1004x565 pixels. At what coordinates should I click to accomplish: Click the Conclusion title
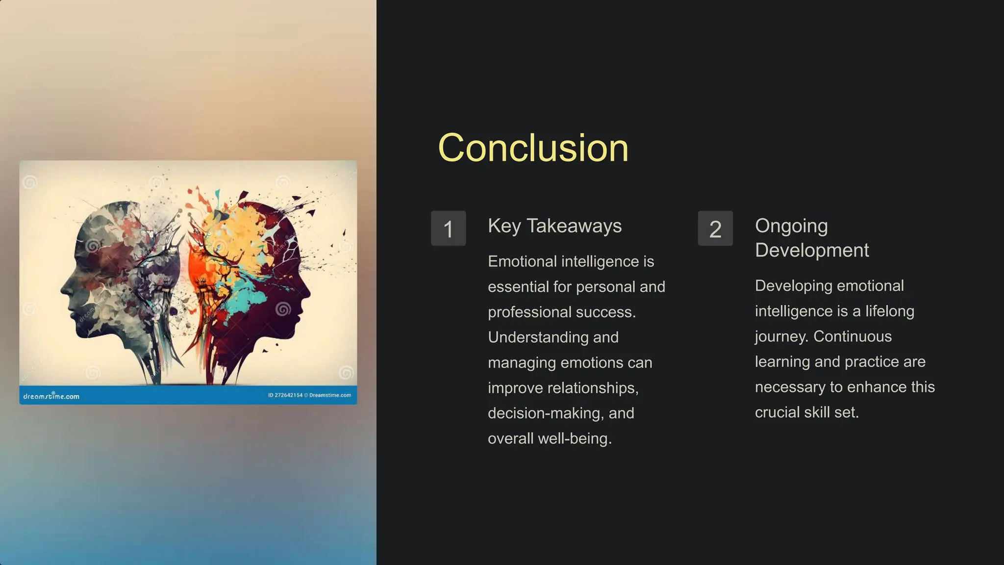tap(533, 148)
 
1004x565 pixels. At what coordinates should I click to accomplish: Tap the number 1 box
tap(448, 229)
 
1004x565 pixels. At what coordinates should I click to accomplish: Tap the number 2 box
tap(715, 229)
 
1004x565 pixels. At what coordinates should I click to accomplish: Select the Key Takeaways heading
tap(554, 226)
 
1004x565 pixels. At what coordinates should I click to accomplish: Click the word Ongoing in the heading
tap(791, 226)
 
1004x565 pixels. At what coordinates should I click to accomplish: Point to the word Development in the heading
tap(812, 251)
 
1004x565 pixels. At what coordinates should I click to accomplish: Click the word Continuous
tap(853, 336)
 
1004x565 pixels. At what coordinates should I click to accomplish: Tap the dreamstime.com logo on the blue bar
tap(51, 396)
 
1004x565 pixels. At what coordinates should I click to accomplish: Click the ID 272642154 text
tap(285, 395)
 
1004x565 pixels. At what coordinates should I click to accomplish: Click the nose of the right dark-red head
tap(308, 293)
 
